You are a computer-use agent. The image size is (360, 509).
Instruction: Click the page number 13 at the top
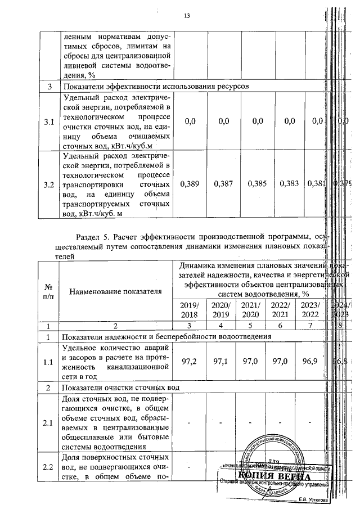pyautogui.click(x=187, y=16)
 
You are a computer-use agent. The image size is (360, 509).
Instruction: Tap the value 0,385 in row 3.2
pyautogui.click(x=256, y=184)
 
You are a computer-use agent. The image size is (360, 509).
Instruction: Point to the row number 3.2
pyautogui.click(x=49, y=184)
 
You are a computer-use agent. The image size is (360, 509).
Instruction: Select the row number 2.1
pyautogui.click(x=49, y=423)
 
